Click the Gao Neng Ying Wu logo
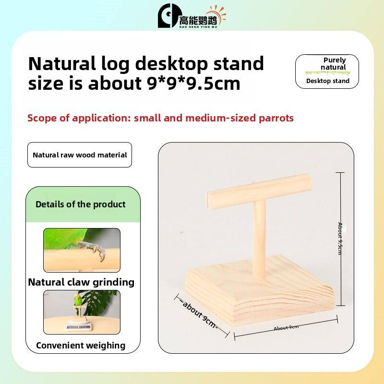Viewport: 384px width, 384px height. pyautogui.click(x=192, y=16)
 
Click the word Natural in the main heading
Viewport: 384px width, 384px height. pyautogui.click(x=62, y=64)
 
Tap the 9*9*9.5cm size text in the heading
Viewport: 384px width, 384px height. pyautogui.click(x=194, y=84)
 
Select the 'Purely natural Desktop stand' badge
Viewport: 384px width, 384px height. pyautogui.click(x=327, y=71)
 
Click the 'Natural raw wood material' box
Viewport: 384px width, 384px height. pyautogui.click(x=80, y=155)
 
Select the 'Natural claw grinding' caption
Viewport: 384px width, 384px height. pyautogui.click(x=81, y=282)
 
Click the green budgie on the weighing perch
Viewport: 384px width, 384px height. pyautogui.click(x=78, y=299)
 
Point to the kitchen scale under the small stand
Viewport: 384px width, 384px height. pyautogui.click(x=79, y=325)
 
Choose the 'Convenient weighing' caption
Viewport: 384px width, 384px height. pyautogui.click(x=81, y=345)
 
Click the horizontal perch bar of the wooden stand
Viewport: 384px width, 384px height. pyautogui.click(x=260, y=192)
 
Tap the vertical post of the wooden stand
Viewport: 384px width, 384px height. pyautogui.click(x=259, y=239)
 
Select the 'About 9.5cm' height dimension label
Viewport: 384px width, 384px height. pyautogui.click(x=340, y=239)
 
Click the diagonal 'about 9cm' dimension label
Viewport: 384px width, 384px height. pyautogui.click(x=200, y=314)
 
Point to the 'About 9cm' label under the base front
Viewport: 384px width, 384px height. pyautogui.click(x=286, y=327)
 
